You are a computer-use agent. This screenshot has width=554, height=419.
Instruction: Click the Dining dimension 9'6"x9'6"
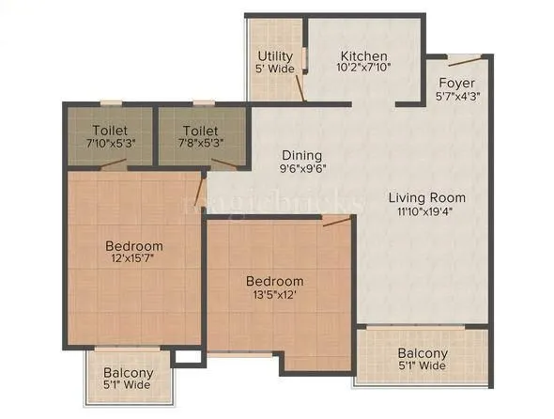300,170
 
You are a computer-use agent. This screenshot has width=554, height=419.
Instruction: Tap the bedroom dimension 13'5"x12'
274,296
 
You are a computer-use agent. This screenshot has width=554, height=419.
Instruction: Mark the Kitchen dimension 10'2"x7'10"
364,68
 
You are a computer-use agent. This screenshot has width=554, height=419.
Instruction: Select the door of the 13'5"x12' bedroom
335,222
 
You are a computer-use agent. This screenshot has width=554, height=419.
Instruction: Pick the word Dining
300,156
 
